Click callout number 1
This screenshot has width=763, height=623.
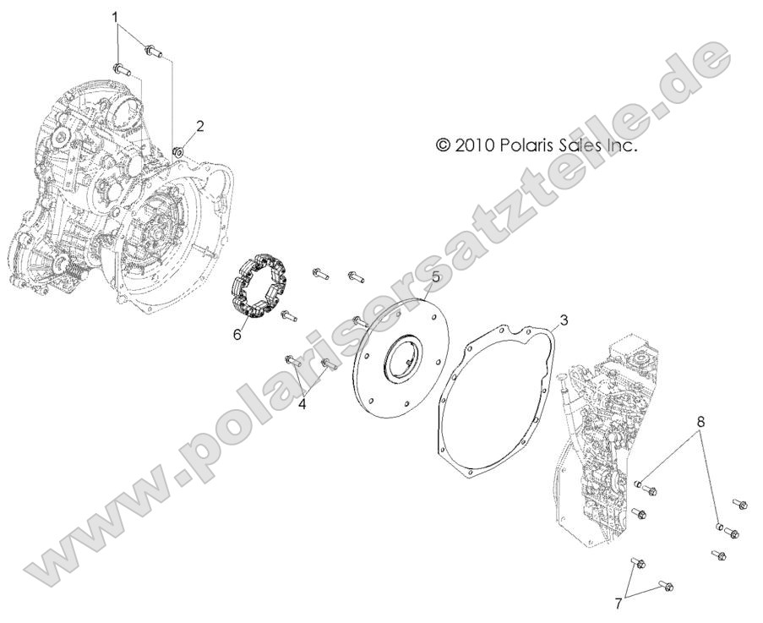pos(116,16)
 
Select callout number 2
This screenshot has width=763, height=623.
pos(199,127)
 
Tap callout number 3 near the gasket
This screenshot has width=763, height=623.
pos(564,320)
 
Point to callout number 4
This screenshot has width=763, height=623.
pos(302,404)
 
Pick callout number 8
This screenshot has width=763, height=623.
pos(700,420)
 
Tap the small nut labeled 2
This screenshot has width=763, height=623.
pos(178,152)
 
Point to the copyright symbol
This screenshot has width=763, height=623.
pos(443,145)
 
